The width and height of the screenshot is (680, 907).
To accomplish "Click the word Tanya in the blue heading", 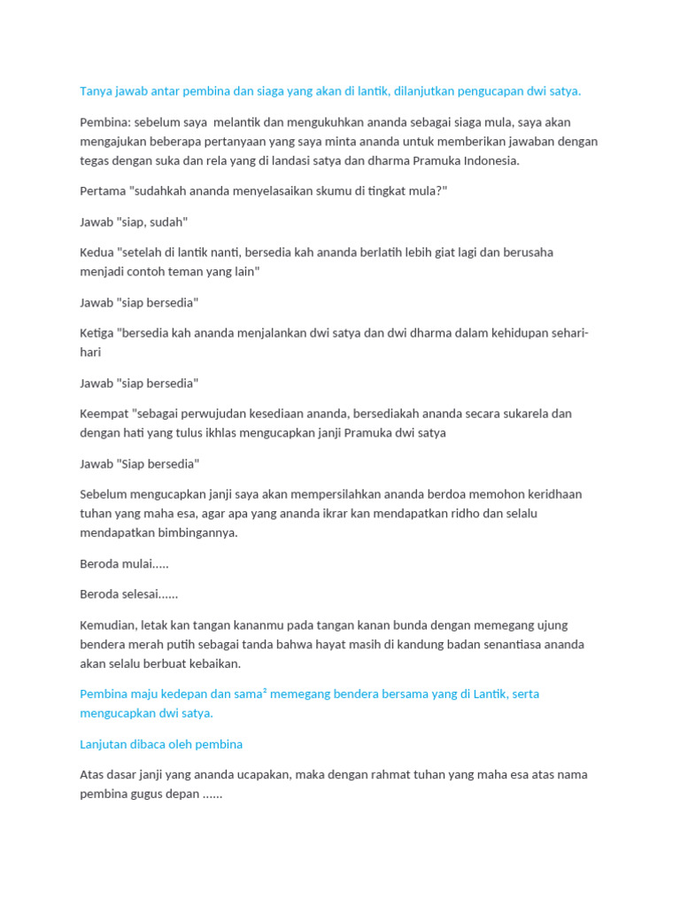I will [97, 91].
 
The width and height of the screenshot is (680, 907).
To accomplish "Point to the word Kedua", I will [97, 252].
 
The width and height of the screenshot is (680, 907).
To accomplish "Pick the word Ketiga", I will [97, 333].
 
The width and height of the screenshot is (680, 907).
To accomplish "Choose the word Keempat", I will [104, 414].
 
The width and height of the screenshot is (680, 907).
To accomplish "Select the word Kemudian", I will [109, 625].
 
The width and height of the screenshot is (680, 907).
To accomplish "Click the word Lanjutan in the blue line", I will [104, 744].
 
